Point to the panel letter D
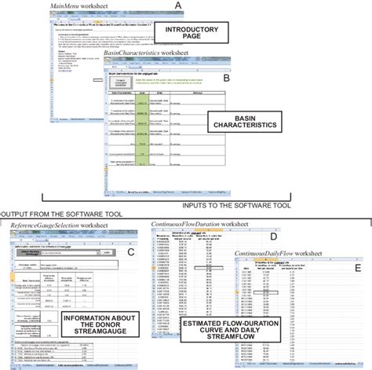point(273,236)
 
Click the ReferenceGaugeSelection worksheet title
point(55,225)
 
